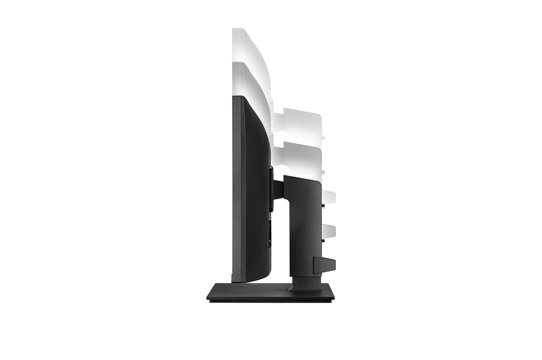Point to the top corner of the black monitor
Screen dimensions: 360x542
[x=237, y=97]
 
